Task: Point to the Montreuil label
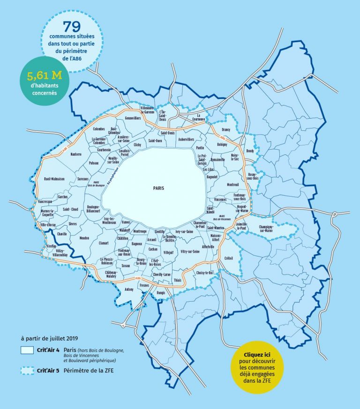coord(233,185)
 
